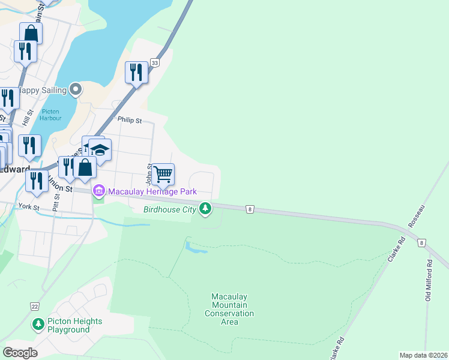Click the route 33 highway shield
tap(155, 63)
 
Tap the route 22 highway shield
tap(34, 306)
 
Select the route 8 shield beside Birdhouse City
tap(249, 209)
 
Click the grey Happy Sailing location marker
tap(76, 89)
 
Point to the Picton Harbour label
tap(51, 115)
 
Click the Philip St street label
tap(129, 120)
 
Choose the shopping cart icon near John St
tap(163, 175)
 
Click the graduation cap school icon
tap(100, 149)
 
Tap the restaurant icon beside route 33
tap(136, 73)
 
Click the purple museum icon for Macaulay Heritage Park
tap(98, 191)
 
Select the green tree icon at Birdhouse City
tap(206, 209)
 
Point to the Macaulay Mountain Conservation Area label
tap(229, 309)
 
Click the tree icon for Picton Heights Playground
tap(38, 325)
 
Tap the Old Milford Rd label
tap(429, 280)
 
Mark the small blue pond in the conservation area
tap(196, 247)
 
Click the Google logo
tap(20, 352)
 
